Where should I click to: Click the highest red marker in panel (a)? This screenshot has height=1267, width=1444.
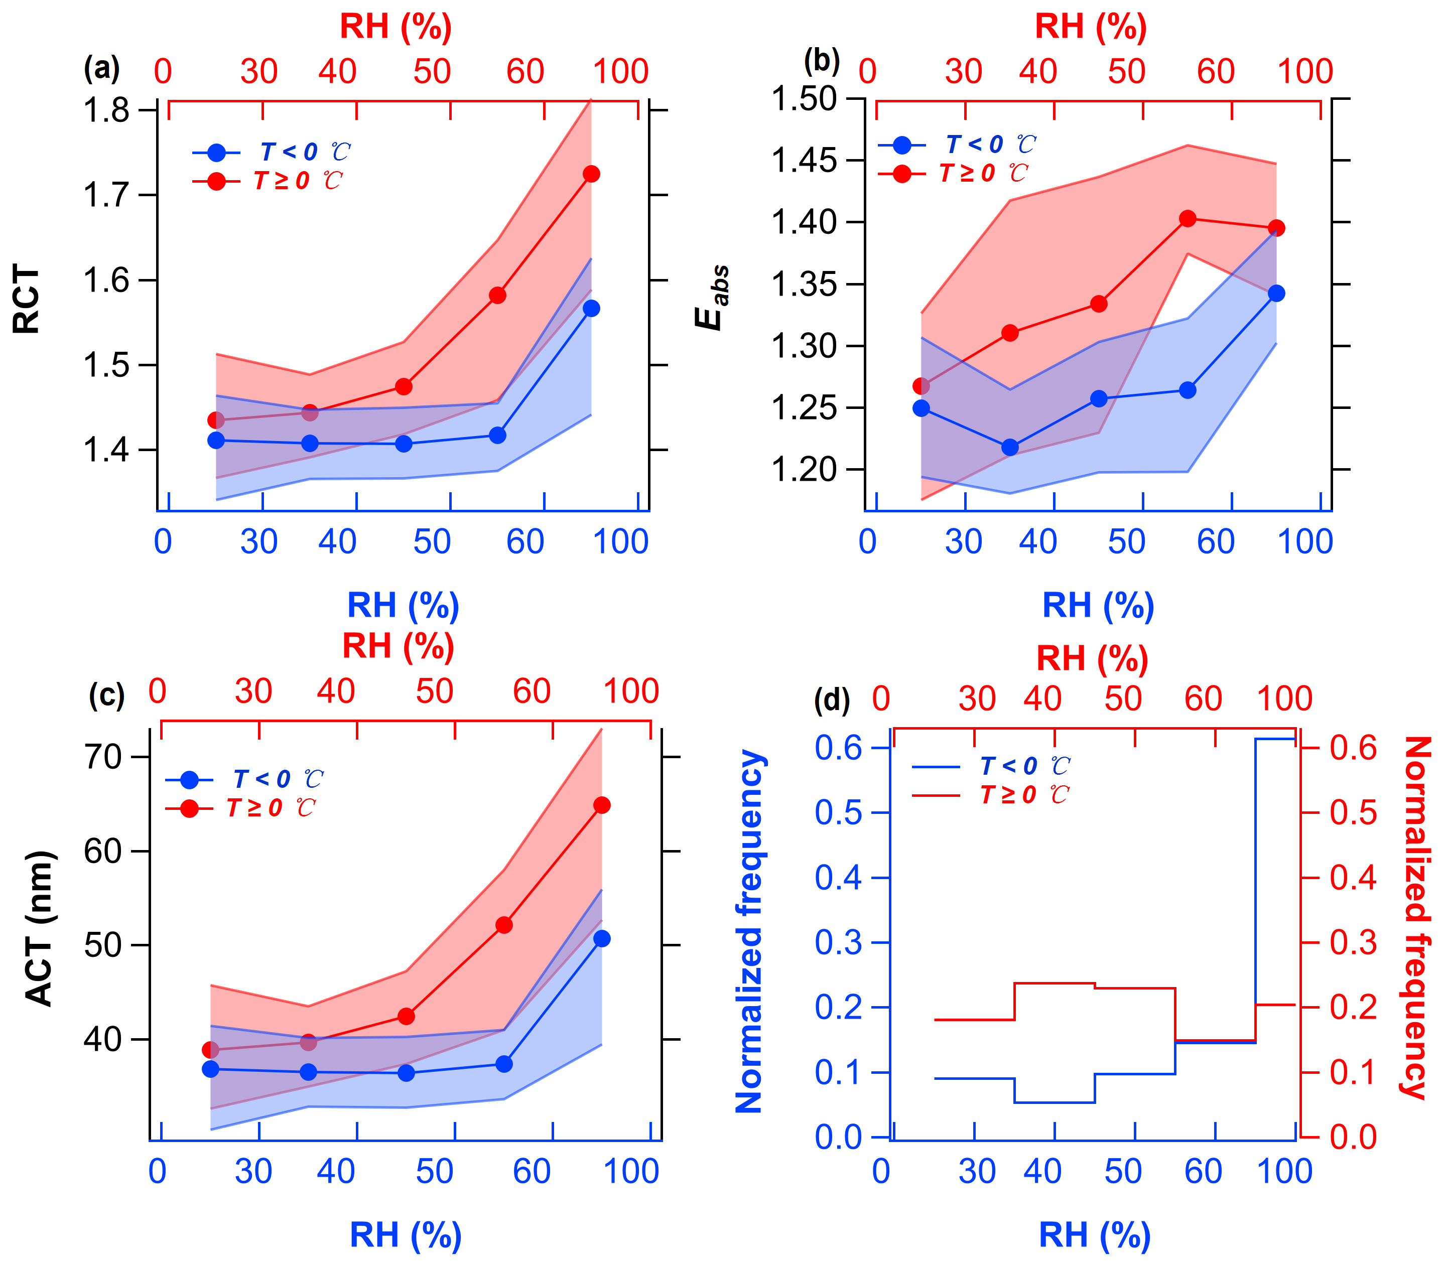591,174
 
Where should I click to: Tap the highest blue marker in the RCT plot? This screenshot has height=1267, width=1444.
591,309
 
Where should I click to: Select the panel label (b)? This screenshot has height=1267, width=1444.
822,62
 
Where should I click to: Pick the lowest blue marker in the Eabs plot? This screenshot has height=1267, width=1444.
1010,447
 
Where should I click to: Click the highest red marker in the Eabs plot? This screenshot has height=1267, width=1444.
1188,219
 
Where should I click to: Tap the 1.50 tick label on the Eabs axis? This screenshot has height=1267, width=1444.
804,99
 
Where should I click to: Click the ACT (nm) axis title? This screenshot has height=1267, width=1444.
40,929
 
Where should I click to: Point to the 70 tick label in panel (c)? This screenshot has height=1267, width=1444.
103,757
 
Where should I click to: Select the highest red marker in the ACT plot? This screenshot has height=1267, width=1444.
602,805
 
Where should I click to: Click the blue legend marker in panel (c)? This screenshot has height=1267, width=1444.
189,780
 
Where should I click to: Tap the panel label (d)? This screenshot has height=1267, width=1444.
832,700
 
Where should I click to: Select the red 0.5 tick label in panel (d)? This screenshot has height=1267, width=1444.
1353,812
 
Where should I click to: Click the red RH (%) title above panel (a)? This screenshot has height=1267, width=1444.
396,27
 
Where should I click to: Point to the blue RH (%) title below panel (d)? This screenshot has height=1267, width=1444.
1094,1234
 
